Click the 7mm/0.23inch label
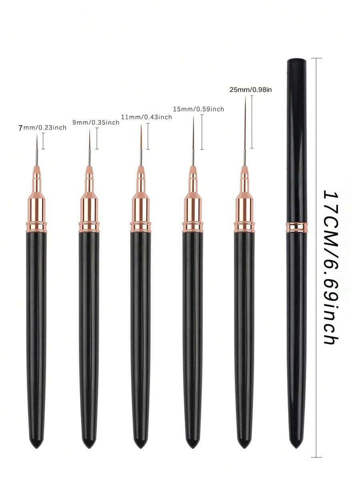[42, 128]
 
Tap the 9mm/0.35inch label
[96, 122]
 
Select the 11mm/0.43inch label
[146, 117]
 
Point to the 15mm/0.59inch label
[198, 109]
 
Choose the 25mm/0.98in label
[250, 90]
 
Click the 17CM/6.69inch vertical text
[331, 268]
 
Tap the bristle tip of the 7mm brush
[37, 134]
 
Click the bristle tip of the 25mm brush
[245, 96]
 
